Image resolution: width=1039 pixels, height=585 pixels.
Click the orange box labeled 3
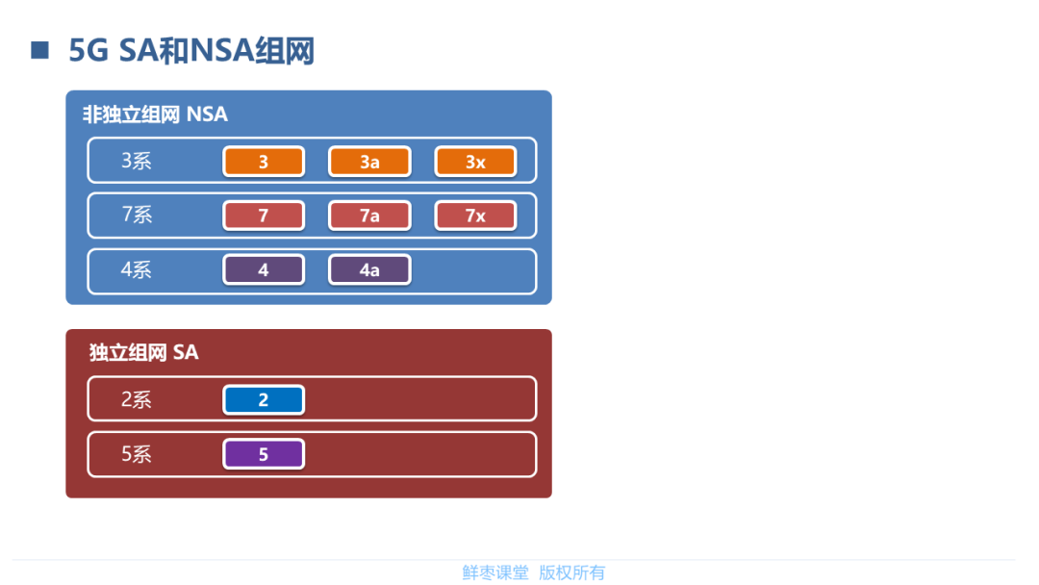(x=264, y=162)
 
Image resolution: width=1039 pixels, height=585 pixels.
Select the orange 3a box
(x=369, y=162)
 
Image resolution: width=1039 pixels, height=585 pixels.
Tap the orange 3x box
(x=475, y=162)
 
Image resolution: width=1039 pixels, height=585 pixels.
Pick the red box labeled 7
(x=264, y=216)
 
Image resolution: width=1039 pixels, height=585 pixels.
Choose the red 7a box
(x=369, y=216)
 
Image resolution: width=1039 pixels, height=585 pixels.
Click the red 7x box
(x=475, y=216)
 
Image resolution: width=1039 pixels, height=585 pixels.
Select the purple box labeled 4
(x=264, y=270)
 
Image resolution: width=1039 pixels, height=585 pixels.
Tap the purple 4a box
(x=369, y=270)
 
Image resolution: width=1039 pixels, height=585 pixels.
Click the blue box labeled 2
(x=264, y=399)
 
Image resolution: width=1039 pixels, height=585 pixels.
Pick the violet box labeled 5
(x=264, y=454)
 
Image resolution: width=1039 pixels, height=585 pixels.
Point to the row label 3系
(x=137, y=161)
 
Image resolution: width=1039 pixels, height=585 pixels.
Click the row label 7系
(x=137, y=215)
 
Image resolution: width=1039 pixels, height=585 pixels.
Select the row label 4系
(x=137, y=269)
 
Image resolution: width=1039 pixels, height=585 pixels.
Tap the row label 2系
(x=137, y=399)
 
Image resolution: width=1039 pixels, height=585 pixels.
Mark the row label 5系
(x=137, y=454)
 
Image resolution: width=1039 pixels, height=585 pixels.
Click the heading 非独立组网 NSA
(x=155, y=114)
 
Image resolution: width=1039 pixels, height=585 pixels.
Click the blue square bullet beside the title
(x=39, y=50)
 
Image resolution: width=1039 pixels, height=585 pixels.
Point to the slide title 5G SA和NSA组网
(x=192, y=51)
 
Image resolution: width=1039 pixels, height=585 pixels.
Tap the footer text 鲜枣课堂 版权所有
(x=533, y=572)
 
